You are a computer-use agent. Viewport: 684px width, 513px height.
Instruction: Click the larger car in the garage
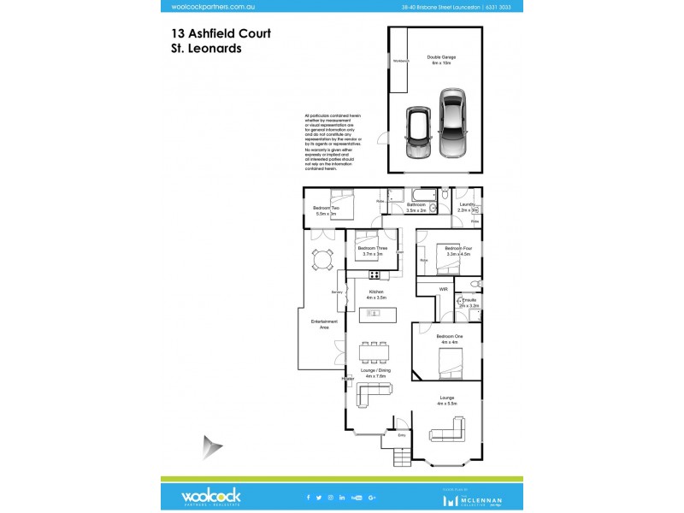pyautogui.click(x=452, y=123)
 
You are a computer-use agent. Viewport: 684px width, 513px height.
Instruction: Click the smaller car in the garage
pyautogui.click(x=418, y=133)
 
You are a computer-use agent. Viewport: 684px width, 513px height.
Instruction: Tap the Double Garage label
pyautogui.click(x=442, y=60)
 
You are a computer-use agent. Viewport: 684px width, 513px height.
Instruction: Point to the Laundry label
pyautogui.click(x=467, y=206)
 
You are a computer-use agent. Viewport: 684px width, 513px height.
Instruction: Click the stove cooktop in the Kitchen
pyautogui.click(x=374, y=274)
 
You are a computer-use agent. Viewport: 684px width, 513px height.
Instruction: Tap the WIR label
pyautogui.click(x=443, y=290)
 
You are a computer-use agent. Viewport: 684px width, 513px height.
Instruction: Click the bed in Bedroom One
pyautogui.click(x=451, y=366)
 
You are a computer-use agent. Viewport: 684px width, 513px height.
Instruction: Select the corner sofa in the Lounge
pyautogui.click(x=448, y=429)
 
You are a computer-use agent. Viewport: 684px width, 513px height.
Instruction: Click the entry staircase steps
pyautogui.click(x=403, y=457)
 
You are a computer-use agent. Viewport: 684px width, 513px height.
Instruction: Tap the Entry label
pyautogui.click(x=403, y=435)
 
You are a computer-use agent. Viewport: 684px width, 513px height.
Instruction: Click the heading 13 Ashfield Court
pyautogui.click(x=221, y=34)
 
